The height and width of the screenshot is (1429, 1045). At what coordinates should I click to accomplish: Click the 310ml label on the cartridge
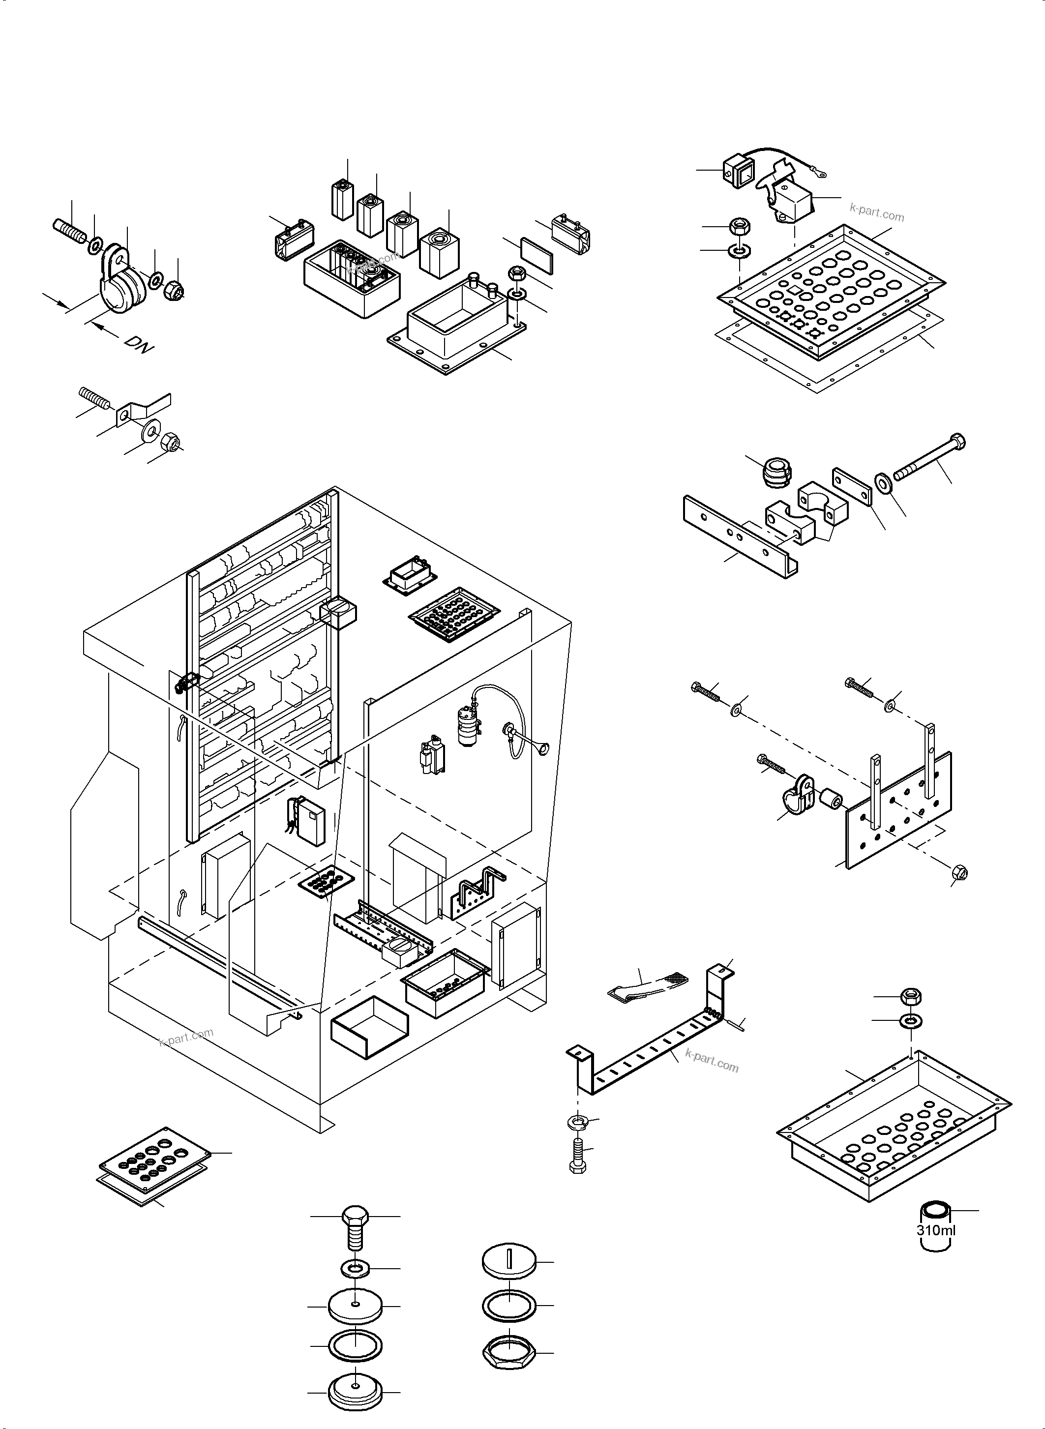935,1231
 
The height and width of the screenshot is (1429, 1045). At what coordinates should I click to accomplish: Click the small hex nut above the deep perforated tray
910,996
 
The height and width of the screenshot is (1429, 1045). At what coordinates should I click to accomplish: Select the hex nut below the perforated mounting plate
959,874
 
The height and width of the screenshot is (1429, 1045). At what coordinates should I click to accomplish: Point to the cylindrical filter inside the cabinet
469,727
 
